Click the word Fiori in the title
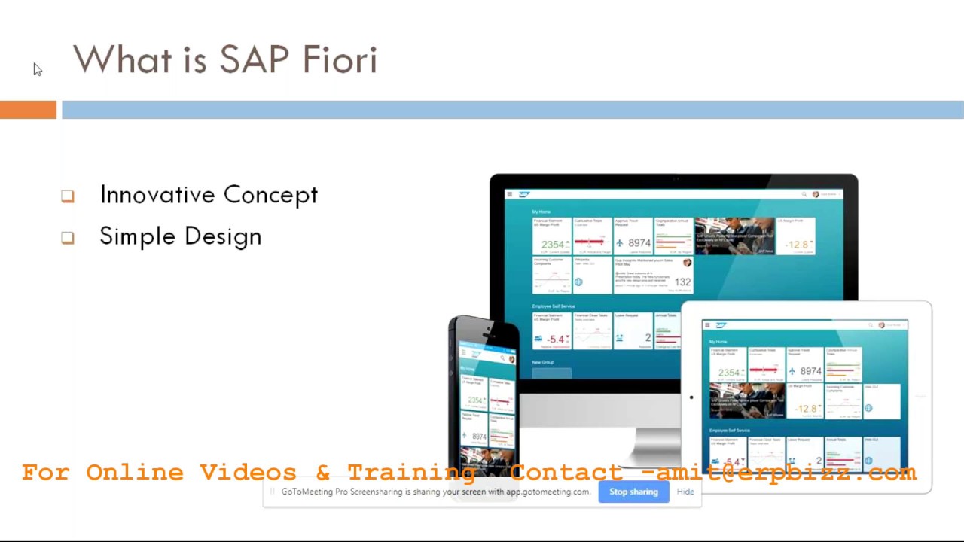pyautogui.click(x=340, y=59)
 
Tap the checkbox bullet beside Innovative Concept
pyautogui.click(x=68, y=196)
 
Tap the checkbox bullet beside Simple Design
pyautogui.click(x=68, y=238)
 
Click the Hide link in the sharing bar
pyautogui.click(x=685, y=492)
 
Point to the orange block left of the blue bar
pyautogui.click(x=28, y=110)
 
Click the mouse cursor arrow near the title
pyautogui.click(x=38, y=69)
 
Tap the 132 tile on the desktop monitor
pyautogui.click(x=654, y=275)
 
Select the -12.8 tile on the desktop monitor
pyautogui.click(x=796, y=237)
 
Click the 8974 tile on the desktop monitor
pyautogui.click(x=633, y=237)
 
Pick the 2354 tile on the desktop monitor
pyautogui.click(x=552, y=237)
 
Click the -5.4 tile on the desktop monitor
pyautogui.click(x=552, y=331)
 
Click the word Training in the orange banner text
pyautogui.click(x=411, y=473)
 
